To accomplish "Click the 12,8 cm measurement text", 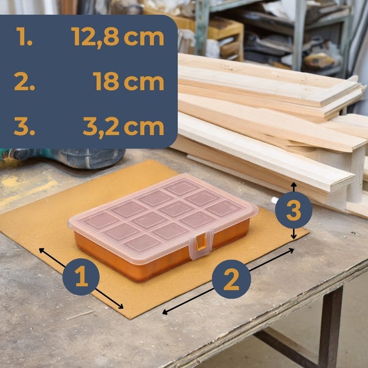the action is (x=118, y=37).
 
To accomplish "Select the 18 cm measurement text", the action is (x=128, y=82).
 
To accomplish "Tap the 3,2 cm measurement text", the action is (x=123, y=127).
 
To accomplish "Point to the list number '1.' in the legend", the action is (x=25, y=36).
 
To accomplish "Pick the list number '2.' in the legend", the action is (x=25, y=82).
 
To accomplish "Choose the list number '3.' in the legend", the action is (x=25, y=126).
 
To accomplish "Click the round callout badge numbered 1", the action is (x=81, y=277).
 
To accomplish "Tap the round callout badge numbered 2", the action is (x=231, y=279).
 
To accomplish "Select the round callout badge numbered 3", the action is (x=294, y=210).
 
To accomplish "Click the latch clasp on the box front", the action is (x=202, y=244).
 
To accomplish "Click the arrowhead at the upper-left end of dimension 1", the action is (x=42, y=250).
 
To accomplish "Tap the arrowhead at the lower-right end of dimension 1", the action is (x=121, y=306).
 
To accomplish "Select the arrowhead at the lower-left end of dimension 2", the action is (x=165, y=312).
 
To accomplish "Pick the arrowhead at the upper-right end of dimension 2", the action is (x=291, y=250).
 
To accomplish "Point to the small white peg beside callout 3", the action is (x=275, y=200).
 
